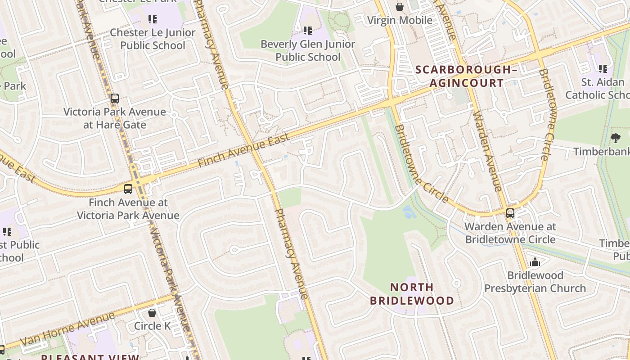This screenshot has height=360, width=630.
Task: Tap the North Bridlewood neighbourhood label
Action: coord(412,294)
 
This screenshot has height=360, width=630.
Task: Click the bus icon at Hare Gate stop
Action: coord(115,99)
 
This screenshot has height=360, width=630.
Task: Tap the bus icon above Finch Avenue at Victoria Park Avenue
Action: coord(128,189)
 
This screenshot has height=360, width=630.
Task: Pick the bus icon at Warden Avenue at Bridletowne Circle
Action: coord(510,213)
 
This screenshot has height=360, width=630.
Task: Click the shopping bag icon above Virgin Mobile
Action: coord(399,6)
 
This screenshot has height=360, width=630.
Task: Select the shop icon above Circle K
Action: coord(152,312)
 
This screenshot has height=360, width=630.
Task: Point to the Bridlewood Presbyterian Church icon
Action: coord(535,261)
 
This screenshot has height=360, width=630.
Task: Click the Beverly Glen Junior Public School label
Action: coord(308,50)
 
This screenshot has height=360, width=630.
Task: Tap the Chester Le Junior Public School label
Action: coord(153,39)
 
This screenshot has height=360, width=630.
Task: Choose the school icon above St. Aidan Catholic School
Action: coord(603,69)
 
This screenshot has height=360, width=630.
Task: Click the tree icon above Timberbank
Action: coord(616,138)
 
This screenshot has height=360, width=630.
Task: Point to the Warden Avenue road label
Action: coord(487,151)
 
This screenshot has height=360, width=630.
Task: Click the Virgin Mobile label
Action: coord(400,20)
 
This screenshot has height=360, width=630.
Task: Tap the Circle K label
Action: coord(152,326)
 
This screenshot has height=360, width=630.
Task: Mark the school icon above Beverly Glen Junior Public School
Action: coord(308,31)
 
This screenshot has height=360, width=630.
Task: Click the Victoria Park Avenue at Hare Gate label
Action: coord(115,118)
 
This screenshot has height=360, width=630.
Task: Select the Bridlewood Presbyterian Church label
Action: coord(535,282)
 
